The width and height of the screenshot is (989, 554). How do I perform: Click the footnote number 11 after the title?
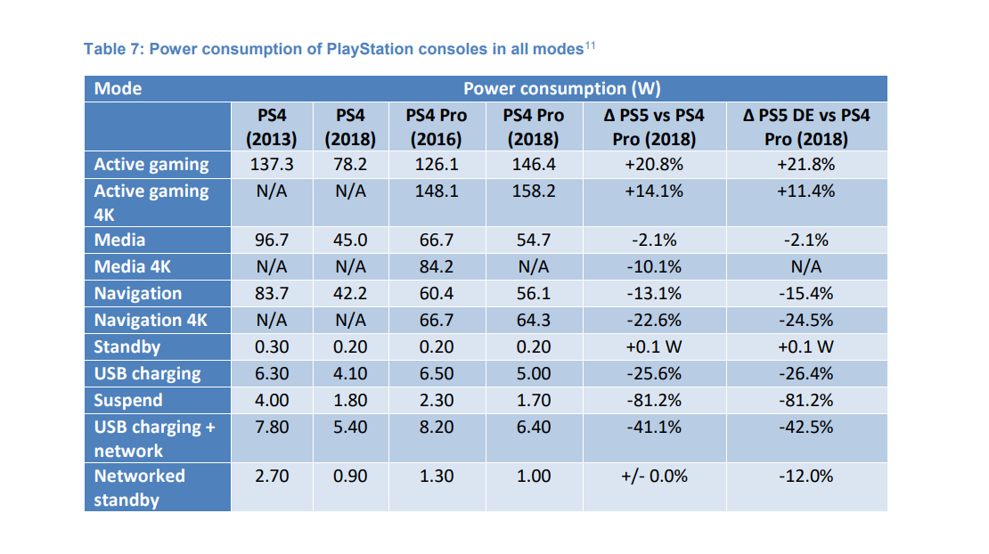point(589,44)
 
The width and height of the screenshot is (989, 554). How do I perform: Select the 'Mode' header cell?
point(119,89)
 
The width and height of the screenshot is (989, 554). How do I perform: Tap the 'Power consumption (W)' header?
point(561,89)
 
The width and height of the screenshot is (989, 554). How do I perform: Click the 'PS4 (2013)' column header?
point(271,127)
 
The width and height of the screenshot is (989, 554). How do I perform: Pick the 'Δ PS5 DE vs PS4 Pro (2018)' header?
point(805,127)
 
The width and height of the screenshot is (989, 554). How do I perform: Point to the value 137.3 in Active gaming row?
point(271,165)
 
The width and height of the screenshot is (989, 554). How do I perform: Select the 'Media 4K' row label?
point(132,267)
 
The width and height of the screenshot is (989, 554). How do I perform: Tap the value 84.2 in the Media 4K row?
point(436,267)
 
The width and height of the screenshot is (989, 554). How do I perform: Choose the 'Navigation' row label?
point(138,294)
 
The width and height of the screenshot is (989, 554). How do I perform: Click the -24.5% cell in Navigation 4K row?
point(805,321)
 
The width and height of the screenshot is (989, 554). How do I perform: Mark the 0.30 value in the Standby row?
point(271,347)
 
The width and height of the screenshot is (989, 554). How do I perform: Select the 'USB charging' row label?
point(148,374)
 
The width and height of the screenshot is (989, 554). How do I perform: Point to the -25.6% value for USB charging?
point(654,374)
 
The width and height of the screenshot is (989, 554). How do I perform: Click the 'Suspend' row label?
point(128,401)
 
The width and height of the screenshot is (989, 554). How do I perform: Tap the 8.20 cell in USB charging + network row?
point(436,428)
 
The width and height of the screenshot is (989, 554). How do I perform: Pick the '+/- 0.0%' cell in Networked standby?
point(654,477)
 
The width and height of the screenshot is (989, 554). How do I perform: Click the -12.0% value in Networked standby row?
point(805,477)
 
